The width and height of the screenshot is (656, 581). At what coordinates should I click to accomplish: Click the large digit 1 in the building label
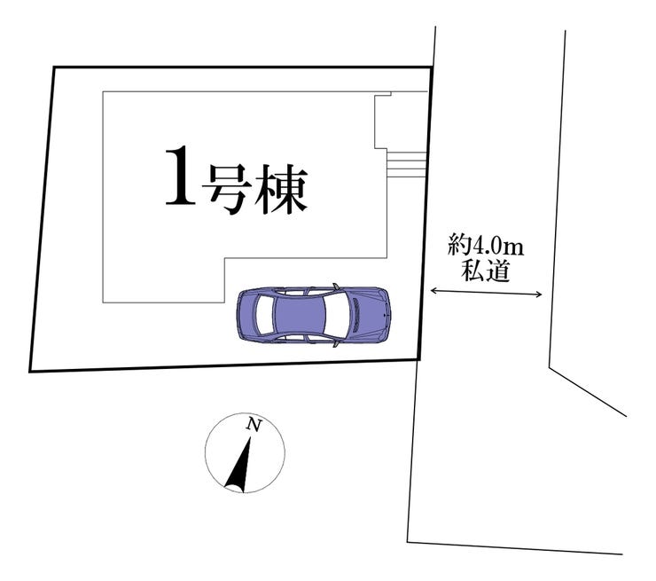pos(180,177)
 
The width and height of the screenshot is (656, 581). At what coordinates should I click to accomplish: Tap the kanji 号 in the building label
pos(223,189)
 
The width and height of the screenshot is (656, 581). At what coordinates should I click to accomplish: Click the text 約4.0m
pos(485,245)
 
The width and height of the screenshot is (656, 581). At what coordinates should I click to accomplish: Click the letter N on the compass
pos(254,425)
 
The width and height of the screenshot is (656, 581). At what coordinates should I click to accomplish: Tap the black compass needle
pos(239,465)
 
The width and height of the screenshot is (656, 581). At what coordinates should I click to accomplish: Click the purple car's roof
pos(300,316)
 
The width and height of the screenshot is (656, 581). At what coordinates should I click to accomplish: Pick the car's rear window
pos(263,316)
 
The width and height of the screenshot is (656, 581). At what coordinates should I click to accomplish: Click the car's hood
pos(369,316)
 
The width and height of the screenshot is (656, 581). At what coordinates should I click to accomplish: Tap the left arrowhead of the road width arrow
pos(433,290)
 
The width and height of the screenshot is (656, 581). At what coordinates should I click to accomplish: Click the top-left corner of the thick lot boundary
pos(54,67)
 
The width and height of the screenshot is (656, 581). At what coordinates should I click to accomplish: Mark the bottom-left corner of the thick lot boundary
pos(30,371)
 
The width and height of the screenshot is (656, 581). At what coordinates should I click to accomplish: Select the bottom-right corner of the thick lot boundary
pos(418,359)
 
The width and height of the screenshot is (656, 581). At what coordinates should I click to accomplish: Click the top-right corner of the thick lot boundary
pos(433,67)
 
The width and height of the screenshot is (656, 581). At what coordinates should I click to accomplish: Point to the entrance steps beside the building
pos(407,165)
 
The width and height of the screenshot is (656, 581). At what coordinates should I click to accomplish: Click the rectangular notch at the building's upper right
pos(382,122)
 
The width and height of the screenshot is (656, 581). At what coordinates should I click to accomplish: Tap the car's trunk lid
pos(246,316)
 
